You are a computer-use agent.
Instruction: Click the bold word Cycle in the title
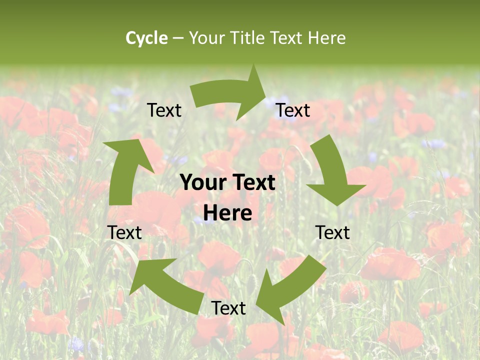146,38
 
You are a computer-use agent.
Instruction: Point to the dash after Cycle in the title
178,38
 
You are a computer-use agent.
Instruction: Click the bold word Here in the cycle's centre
228,213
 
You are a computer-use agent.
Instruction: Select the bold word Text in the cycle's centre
252,183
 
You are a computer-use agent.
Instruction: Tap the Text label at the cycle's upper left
164,110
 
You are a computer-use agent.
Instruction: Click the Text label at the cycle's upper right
293,110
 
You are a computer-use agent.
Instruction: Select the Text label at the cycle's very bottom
228,308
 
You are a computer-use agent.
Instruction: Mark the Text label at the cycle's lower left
124,232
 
